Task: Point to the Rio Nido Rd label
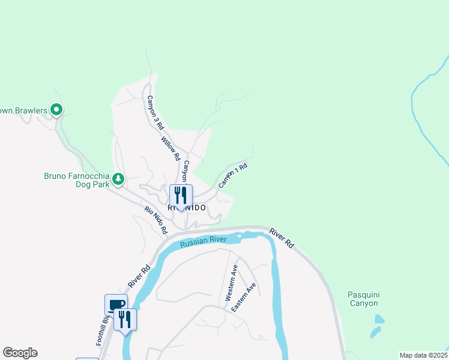(x=156, y=221)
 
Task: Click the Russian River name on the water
(x=203, y=241)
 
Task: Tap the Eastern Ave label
(x=244, y=296)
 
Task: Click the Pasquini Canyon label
(x=363, y=299)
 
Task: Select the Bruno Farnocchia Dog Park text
(x=77, y=180)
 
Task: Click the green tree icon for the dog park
(x=119, y=178)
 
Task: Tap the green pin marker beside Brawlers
(x=56, y=109)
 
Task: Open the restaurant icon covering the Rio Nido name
(x=181, y=196)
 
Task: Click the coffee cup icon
(x=116, y=305)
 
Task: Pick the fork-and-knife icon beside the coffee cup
(x=125, y=319)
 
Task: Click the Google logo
(x=20, y=353)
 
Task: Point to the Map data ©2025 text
(x=424, y=355)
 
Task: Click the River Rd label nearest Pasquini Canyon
(x=282, y=238)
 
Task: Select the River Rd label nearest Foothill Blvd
(x=138, y=277)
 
